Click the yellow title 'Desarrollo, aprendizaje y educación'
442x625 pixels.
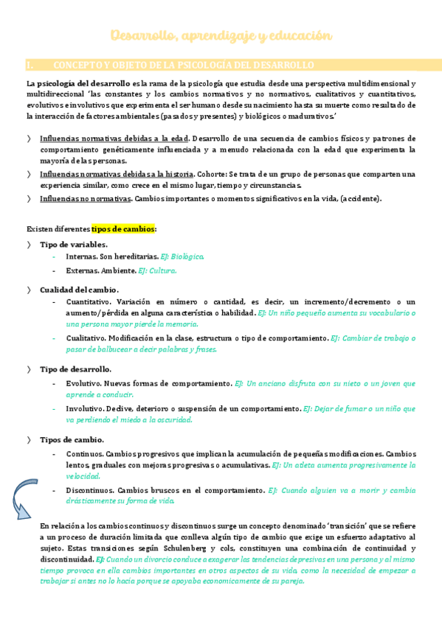click(221, 35)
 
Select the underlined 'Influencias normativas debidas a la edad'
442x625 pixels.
click(114, 139)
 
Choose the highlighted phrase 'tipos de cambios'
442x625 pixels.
click(122, 228)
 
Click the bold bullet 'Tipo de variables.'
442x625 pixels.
click(73, 244)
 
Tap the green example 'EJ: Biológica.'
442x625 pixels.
click(182, 256)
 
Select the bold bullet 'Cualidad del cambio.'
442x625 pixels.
click(79, 290)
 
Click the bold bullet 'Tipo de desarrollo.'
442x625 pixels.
click(75, 369)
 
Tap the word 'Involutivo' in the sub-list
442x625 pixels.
click(84, 408)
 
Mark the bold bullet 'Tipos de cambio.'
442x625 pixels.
click(71, 439)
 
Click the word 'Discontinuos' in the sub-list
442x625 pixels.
click(89, 489)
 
